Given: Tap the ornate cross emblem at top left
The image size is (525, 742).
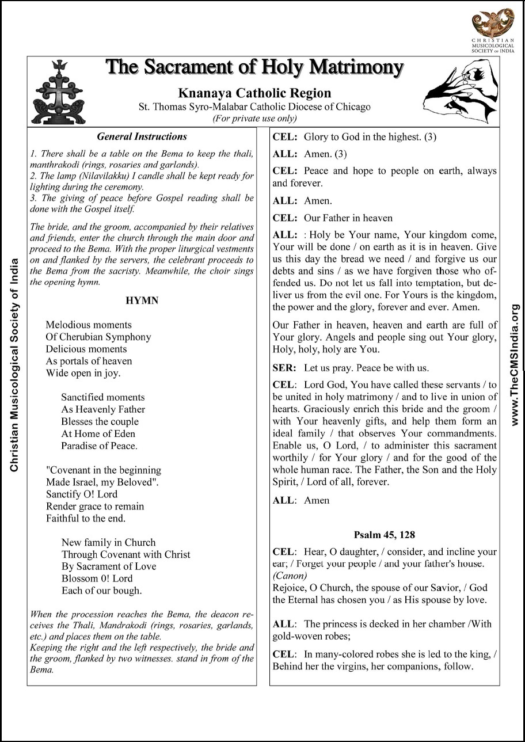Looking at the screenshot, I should point(55,92).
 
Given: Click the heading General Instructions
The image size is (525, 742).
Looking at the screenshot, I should point(142,137).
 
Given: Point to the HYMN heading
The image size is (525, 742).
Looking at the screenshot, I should point(142,300).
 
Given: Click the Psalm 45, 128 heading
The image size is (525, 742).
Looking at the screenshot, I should point(384,534).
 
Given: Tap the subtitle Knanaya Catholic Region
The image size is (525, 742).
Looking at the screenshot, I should point(254,93).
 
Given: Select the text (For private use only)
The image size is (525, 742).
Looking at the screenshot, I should point(254,119).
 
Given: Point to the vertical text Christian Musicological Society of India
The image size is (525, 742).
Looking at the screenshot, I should point(14,365).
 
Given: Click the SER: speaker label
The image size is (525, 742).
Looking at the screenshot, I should point(284,368).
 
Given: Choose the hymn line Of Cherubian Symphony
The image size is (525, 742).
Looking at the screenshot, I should point(98,337).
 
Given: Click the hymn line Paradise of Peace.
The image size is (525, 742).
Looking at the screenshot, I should point(99,446).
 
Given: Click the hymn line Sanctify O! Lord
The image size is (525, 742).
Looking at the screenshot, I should point(81,494).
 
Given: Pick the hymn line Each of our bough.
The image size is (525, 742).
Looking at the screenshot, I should point(101,590).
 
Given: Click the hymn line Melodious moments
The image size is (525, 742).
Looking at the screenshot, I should point(88,325).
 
